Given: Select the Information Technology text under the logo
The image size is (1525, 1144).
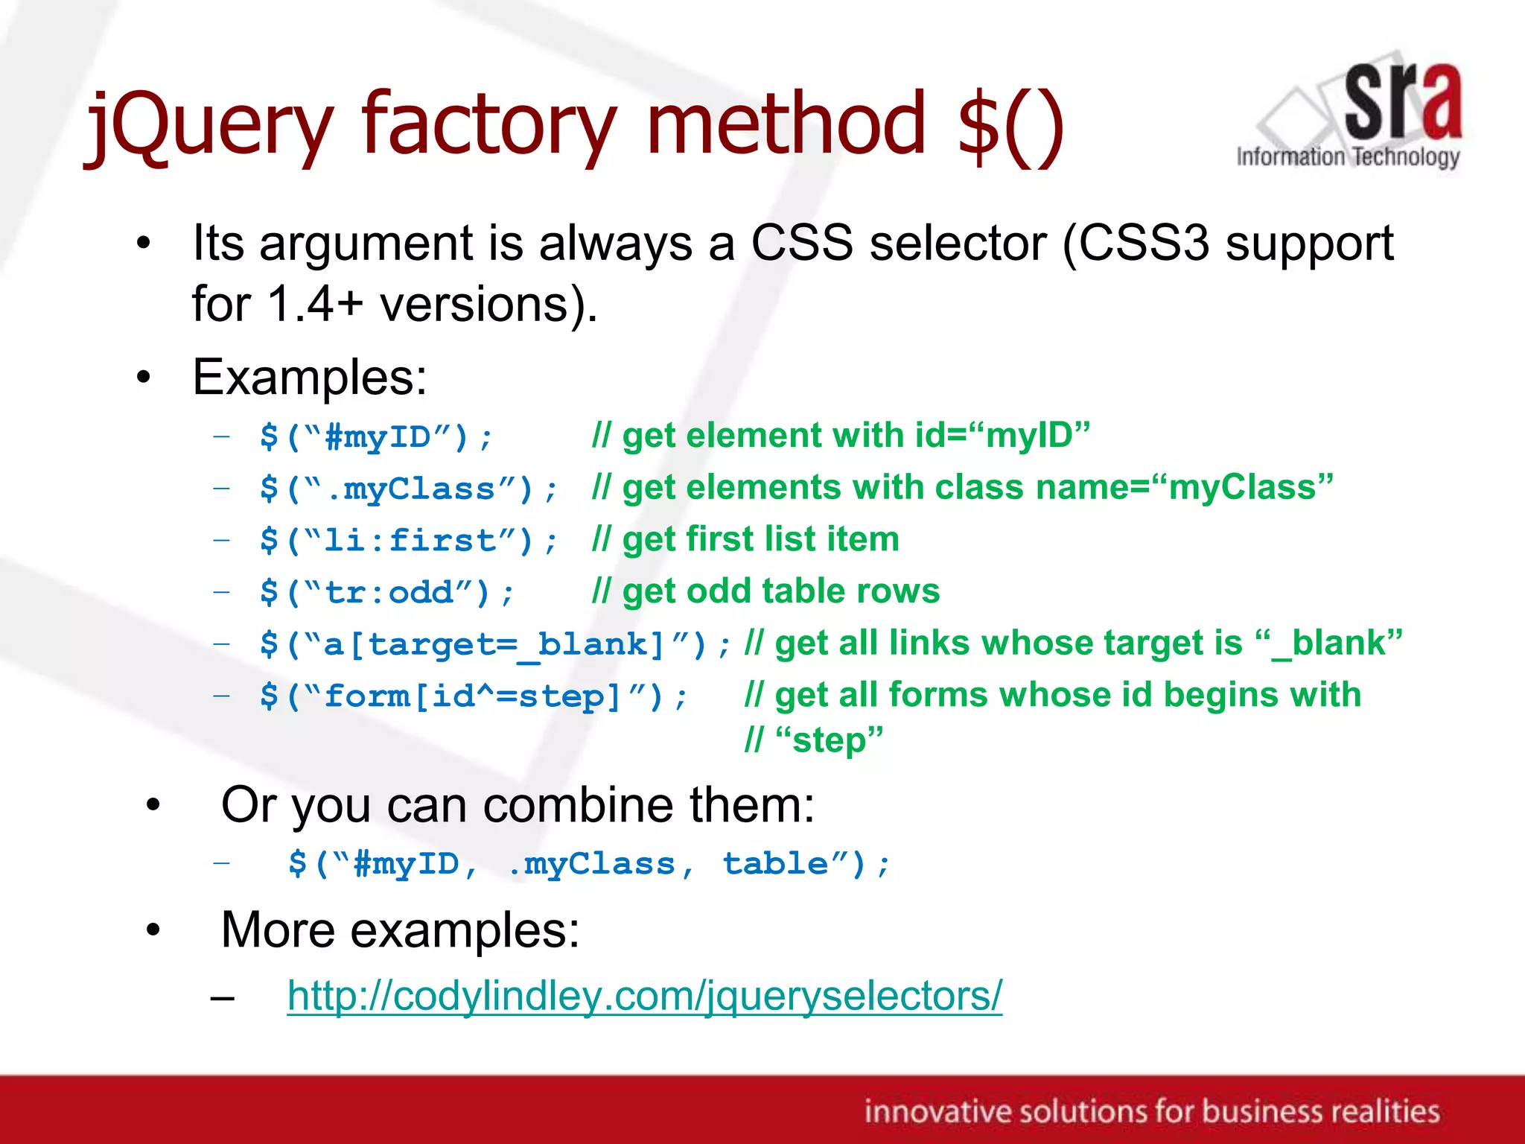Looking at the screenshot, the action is tap(1348, 157).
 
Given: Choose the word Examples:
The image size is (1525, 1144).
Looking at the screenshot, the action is tap(310, 378).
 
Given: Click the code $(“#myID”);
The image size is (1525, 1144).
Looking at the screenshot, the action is tap(376, 437).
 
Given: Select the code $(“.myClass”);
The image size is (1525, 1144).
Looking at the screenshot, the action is tap(409, 489).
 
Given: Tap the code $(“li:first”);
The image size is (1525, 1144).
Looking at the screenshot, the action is tap(409, 541).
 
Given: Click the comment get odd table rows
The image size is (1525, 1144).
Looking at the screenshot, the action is tap(780, 591).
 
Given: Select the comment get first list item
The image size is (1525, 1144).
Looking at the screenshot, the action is tap(760, 539).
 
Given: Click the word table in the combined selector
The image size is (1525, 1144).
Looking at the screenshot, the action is tap(774, 864).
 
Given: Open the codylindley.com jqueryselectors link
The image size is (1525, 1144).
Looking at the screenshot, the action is tap(645, 996).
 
